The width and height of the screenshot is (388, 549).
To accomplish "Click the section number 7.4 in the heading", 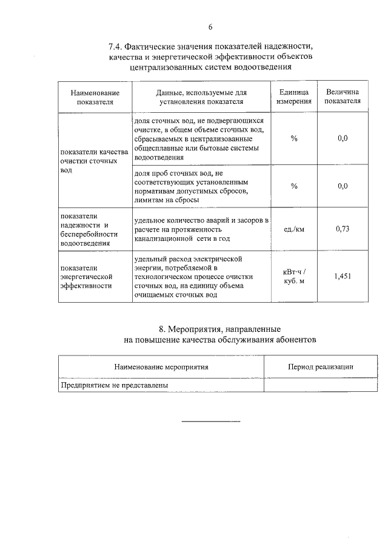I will pos(116,46).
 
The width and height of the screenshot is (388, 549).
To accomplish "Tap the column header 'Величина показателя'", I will pos(343,97).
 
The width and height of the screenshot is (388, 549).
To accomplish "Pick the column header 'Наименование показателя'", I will pos(95,97).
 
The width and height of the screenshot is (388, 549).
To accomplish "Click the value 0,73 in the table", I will pos(343,229).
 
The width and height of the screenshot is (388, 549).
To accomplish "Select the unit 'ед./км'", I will pos(294,229).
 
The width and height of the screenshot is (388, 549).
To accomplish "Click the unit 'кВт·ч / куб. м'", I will pos(294,277).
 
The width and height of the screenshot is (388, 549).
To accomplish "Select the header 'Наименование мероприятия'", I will pos(161,367).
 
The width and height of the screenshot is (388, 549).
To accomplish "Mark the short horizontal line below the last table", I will pos(211,421).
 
